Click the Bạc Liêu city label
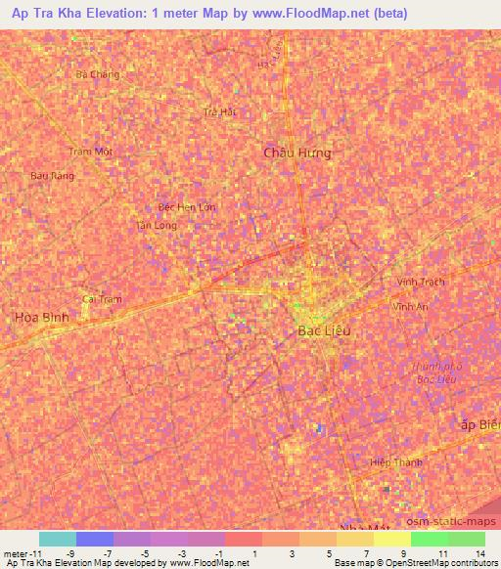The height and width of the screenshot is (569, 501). coord(323,331)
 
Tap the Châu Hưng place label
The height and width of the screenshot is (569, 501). coord(297,153)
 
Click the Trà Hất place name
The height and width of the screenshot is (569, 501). coord(220,111)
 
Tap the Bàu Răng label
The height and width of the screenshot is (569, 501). coord(52,175)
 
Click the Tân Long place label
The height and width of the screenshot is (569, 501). coord(157,225)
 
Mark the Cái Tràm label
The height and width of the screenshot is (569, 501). coord(102,298)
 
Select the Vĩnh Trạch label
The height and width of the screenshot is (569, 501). coord(421,282)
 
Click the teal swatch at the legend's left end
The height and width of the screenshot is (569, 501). coord(58,539)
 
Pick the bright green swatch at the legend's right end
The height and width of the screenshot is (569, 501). coord(467,539)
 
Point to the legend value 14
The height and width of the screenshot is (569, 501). coord(479,554)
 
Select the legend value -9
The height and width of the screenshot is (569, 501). coord(71,554)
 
